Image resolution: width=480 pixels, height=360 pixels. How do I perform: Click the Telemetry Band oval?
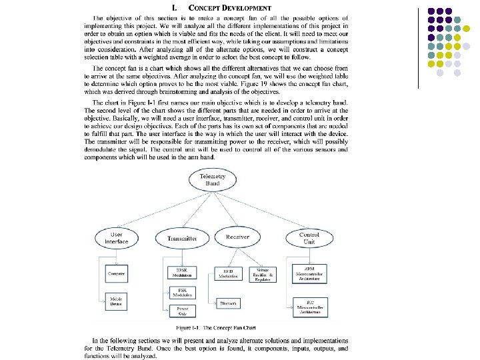click(212, 179)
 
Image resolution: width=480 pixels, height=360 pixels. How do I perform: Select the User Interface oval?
click(116, 238)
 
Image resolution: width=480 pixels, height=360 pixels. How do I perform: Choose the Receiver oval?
click(237, 237)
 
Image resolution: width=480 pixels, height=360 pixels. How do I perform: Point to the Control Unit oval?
click(308, 238)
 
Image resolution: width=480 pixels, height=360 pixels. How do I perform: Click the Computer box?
click(117, 273)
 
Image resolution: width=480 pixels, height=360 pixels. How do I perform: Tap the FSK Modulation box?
click(178, 293)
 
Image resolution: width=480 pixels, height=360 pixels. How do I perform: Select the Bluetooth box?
click(229, 303)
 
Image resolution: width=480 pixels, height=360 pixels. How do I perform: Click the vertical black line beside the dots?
click(418, 47)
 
